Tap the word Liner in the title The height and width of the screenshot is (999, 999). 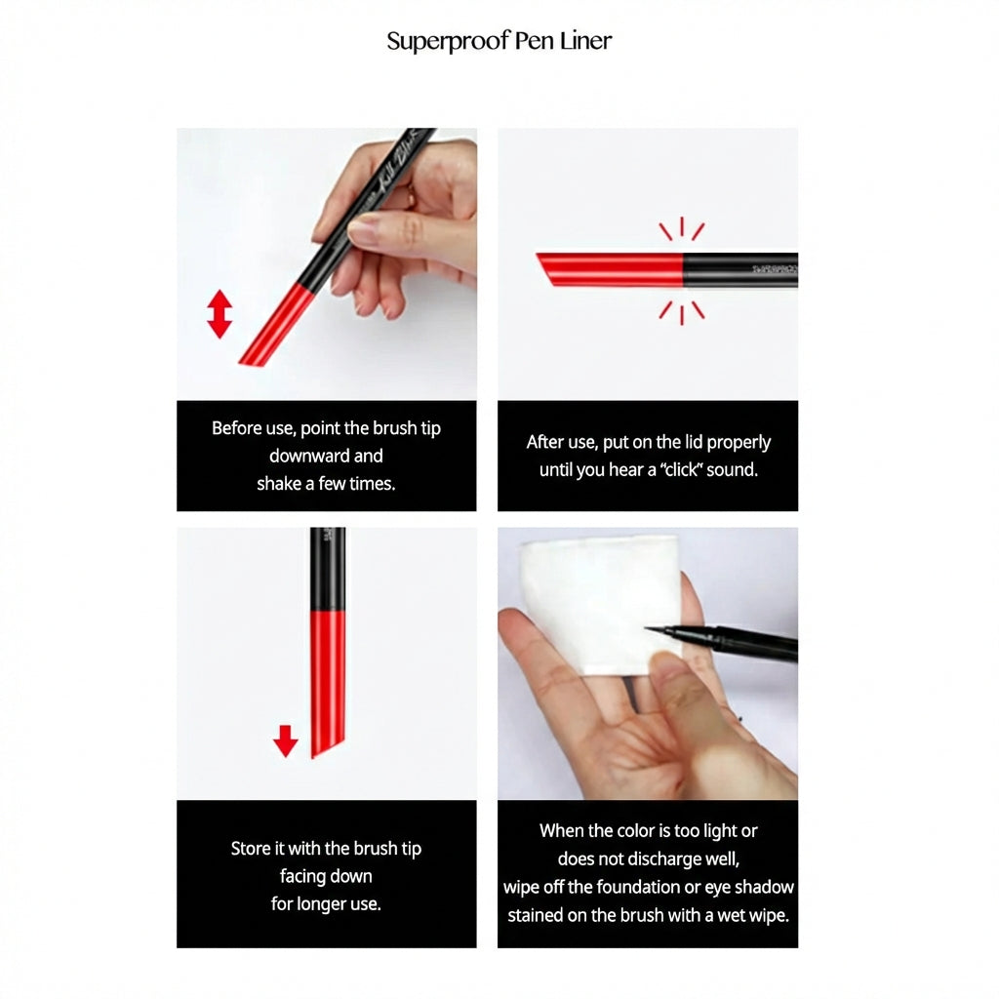pos(585,41)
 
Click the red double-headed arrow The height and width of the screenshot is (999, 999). pos(220,314)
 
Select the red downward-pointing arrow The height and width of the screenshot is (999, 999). pos(285,741)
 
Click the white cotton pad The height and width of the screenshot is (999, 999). pos(599,604)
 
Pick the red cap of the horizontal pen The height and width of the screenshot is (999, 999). pos(609,269)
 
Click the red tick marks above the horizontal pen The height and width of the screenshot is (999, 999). pos(682,228)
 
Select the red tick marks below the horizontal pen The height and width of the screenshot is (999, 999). pos(682,313)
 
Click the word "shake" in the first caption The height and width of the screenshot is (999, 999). pos(279,484)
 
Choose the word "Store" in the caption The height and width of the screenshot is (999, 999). pos(251,849)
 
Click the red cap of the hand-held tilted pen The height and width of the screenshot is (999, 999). pos(275,326)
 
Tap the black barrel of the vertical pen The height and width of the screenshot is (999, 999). pos(328,569)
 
